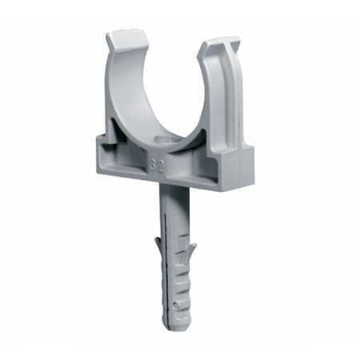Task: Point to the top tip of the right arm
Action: pyautogui.click(x=217, y=43)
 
